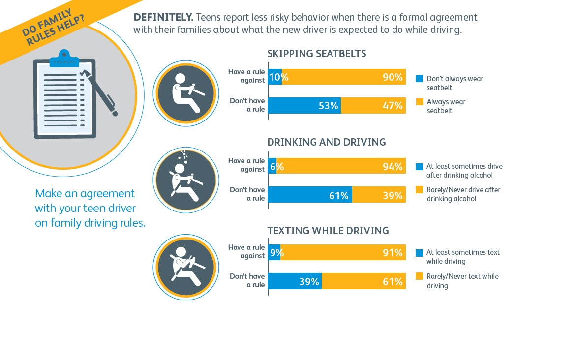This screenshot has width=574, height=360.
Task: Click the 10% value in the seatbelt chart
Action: click(278, 77)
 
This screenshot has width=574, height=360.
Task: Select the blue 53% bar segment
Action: click(304, 105)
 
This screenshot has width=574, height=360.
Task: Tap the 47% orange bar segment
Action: click(373, 105)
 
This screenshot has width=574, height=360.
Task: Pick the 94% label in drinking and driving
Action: click(393, 166)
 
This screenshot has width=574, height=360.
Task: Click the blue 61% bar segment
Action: click(310, 195)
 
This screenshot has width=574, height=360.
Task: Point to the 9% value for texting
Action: click(277, 253)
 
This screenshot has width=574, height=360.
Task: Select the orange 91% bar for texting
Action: click(343, 252)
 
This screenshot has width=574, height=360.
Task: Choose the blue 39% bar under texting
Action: click(295, 281)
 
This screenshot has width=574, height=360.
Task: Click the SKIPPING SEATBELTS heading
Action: click(317, 54)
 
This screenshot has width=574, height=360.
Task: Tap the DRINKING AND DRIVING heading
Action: click(327, 142)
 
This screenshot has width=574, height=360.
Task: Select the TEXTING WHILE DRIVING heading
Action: click(328, 231)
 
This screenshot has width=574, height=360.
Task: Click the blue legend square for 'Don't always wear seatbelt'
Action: click(420, 78)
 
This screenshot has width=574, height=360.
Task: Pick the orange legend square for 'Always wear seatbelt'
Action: click(420, 102)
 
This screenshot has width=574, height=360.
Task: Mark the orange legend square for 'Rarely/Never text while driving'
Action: click(420, 276)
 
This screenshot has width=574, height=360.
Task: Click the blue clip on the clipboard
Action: click(64, 59)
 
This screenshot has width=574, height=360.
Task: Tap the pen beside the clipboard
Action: click(99, 92)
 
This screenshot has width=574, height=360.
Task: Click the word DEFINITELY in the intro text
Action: click(163, 17)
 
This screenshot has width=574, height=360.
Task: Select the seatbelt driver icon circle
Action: click(186, 93)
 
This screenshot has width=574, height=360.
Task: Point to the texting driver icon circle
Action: click(186, 268)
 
